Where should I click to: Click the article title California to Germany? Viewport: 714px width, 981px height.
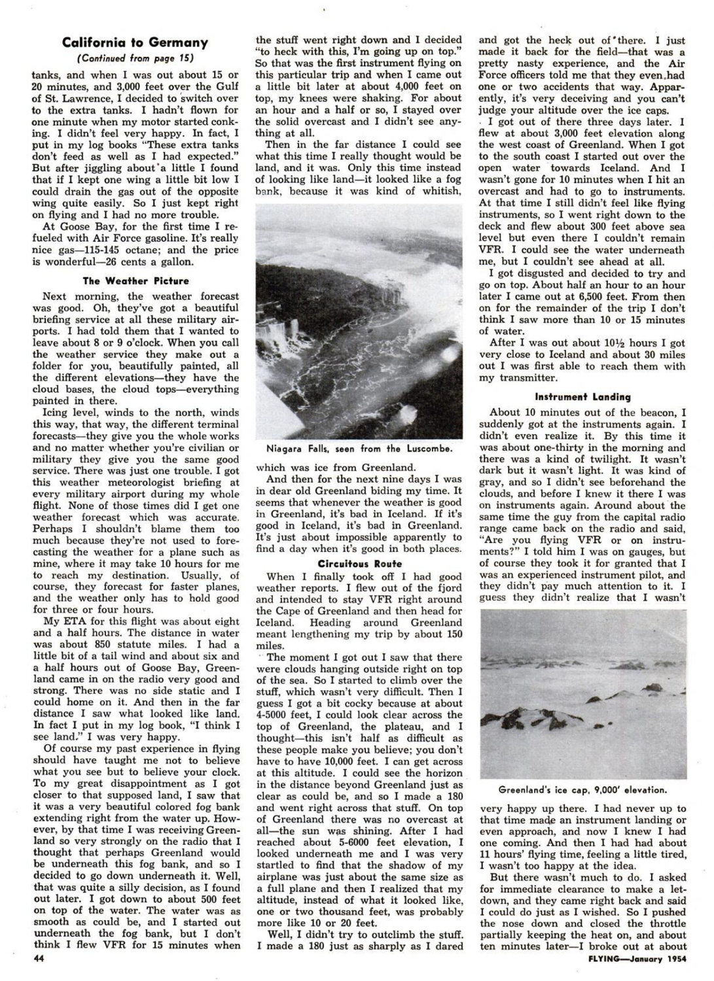click(135, 43)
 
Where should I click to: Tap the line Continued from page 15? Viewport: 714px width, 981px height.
click(135, 58)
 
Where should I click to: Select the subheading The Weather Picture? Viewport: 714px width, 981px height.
click(135, 281)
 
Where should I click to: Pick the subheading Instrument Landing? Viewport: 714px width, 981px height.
click(582, 396)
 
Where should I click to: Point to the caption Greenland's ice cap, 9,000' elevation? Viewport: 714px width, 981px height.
click(582, 789)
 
